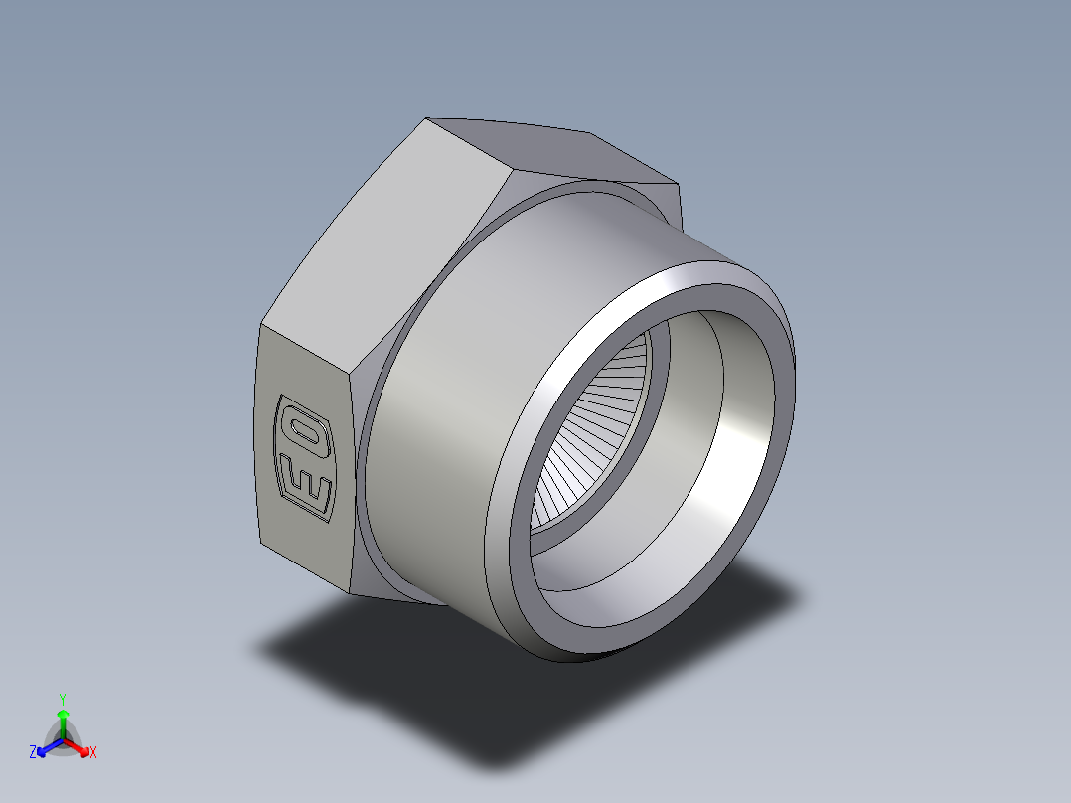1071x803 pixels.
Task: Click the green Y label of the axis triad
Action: pos(63,698)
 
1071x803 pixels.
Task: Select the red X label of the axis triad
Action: pos(92,753)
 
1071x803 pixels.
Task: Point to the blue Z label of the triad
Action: pos(33,753)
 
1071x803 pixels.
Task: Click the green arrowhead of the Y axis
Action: pos(63,714)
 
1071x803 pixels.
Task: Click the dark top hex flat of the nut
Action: pos(556,149)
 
